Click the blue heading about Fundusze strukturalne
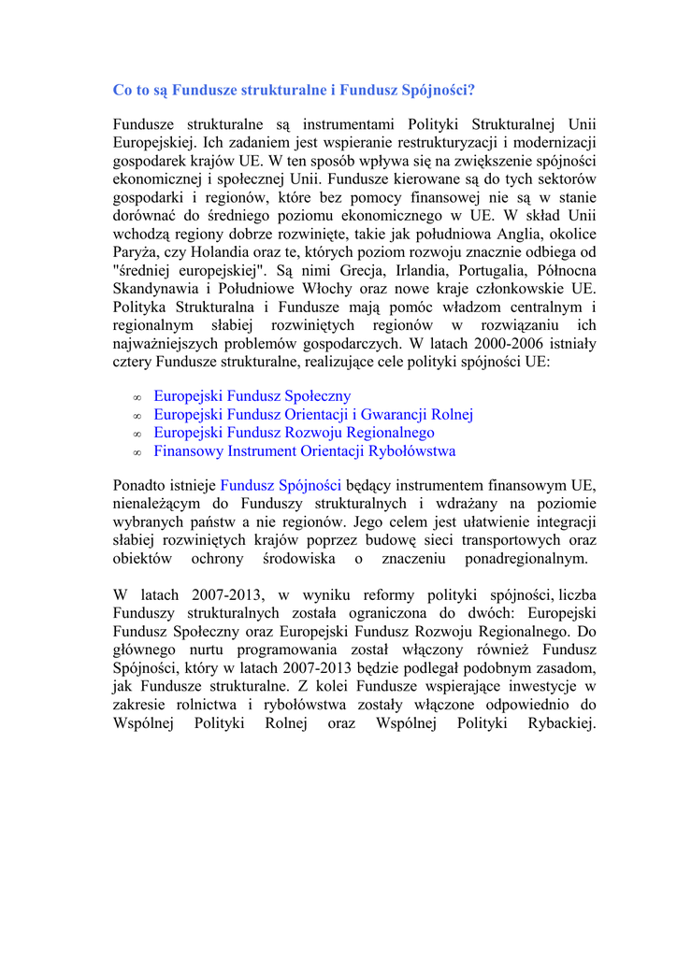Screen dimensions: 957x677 [294, 91]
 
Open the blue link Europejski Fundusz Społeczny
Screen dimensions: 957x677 [252, 396]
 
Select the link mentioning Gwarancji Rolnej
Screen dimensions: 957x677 [313, 414]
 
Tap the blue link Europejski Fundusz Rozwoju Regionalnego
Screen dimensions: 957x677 [294, 433]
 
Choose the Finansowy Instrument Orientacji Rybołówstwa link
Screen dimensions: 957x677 [305, 451]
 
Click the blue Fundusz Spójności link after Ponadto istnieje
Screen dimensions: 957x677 [281, 485]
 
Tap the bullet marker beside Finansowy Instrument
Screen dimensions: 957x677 [137, 453]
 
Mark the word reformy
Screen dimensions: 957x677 [377, 594]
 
